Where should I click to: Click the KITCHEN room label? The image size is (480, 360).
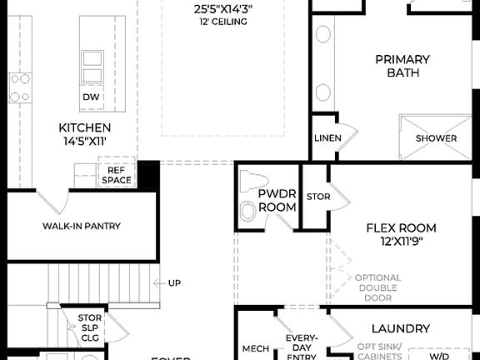click(84, 127)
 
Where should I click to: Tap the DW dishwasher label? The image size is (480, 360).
click(92, 97)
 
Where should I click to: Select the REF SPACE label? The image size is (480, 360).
click(116, 174)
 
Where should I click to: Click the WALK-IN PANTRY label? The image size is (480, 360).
click(82, 226)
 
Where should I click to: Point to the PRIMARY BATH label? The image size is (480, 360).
click(402, 66)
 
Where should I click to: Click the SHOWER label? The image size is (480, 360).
click(436, 138)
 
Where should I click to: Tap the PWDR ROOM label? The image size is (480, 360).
click(277, 199)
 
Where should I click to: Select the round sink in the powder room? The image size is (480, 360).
click(249, 211)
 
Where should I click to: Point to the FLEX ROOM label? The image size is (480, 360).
click(401, 227)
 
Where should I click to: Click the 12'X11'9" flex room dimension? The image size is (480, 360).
click(401, 242)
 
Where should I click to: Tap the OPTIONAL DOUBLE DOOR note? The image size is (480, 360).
click(377, 287)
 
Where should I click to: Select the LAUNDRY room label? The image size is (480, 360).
click(400, 329)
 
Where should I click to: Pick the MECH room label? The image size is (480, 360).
click(254, 348)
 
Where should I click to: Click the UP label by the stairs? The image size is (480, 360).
click(174, 283)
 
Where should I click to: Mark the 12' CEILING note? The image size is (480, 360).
click(223, 22)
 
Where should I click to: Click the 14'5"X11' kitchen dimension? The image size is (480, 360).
click(84, 142)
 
